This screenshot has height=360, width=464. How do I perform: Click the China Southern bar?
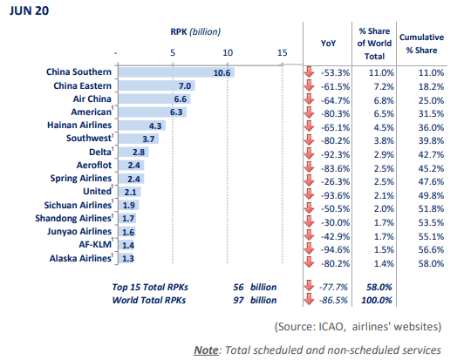(176, 72)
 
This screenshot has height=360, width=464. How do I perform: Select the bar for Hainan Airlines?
(142, 126)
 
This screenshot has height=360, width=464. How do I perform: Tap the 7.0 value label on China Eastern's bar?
(185, 85)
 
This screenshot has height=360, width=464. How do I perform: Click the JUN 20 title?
(29, 11)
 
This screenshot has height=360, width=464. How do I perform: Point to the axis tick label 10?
(228, 52)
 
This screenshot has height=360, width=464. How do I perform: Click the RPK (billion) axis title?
(195, 31)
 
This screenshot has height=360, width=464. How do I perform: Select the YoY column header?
(328, 44)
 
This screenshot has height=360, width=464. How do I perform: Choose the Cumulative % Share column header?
(421, 44)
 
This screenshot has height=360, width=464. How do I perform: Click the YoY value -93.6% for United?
(335, 195)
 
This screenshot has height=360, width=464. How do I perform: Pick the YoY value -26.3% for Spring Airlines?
(335, 181)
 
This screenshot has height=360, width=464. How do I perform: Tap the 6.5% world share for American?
(384, 113)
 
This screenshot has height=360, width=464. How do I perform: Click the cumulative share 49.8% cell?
(431, 195)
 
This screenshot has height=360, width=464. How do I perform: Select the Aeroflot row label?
(94, 165)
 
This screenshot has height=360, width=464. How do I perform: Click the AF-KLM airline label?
(95, 244)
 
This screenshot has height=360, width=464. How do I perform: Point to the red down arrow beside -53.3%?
(310, 71)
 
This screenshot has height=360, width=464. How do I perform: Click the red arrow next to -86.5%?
(310, 299)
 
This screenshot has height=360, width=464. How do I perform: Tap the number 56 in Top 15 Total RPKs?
(238, 287)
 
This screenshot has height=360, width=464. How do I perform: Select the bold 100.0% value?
(377, 300)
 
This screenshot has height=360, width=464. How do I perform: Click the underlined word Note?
(206, 350)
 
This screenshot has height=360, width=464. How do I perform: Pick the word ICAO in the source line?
(331, 327)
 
